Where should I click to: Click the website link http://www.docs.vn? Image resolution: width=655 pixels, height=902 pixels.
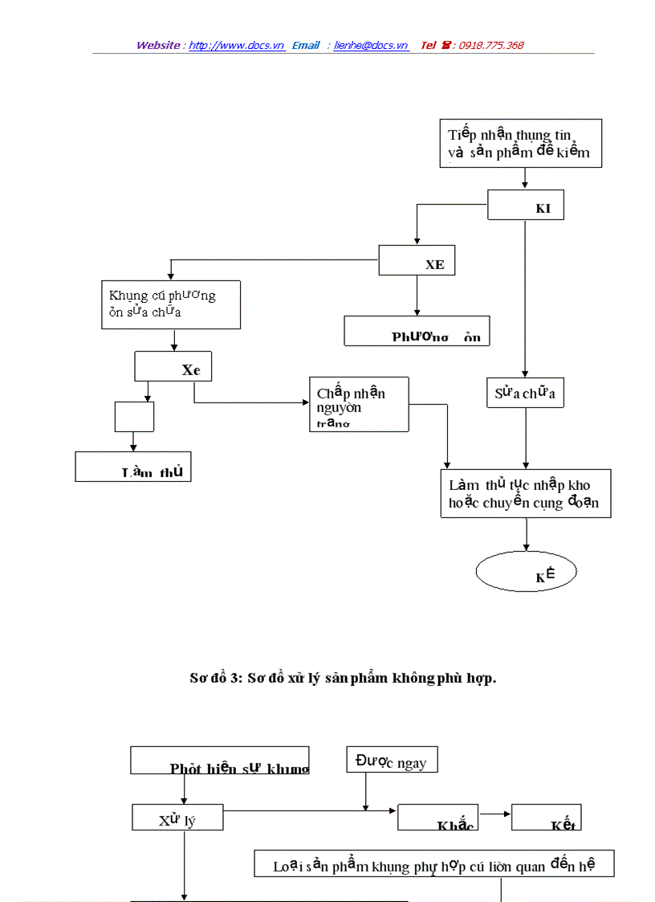pyautogui.click(x=237, y=46)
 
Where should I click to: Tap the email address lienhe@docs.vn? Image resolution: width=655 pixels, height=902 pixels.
pyautogui.click(x=371, y=46)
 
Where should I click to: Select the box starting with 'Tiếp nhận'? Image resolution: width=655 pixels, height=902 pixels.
pyautogui.click(x=520, y=144)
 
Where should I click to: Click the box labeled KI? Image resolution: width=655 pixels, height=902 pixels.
pyautogui.click(x=525, y=205)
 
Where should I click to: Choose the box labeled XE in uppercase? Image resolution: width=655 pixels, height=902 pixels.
pyautogui.click(x=417, y=260)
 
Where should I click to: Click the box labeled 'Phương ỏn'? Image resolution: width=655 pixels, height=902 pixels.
pyautogui.click(x=417, y=331)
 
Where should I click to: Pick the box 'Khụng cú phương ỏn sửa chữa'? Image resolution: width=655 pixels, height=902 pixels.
pyautogui.click(x=170, y=304)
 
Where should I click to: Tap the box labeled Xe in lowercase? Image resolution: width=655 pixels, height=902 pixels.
pyautogui.click(x=173, y=366)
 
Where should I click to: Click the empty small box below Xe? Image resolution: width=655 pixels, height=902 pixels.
pyautogui.click(x=134, y=416)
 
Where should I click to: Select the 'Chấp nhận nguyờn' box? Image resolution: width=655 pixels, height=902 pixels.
pyautogui.click(x=359, y=404)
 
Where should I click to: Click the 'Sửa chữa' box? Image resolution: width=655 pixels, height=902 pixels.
pyautogui.click(x=525, y=393)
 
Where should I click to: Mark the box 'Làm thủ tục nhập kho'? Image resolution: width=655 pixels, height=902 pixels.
pyautogui.click(x=525, y=494)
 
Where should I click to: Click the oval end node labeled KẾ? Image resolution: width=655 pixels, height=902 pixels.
pyautogui.click(x=526, y=573)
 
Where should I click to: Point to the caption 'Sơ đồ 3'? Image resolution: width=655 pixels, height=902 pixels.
pyautogui.click(x=343, y=678)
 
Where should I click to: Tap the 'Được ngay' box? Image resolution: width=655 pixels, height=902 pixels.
pyautogui.click(x=392, y=760)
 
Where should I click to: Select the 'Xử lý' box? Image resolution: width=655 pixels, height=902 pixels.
pyautogui.click(x=177, y=818)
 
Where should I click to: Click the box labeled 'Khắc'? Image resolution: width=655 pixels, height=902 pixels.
pyautogui.click(x=437, y=818)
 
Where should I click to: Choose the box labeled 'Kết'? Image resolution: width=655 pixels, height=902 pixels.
pyautogui.click(x=546, y=818)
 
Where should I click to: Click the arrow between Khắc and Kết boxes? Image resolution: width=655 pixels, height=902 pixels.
pyautogui.click(x=494, y=814)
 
